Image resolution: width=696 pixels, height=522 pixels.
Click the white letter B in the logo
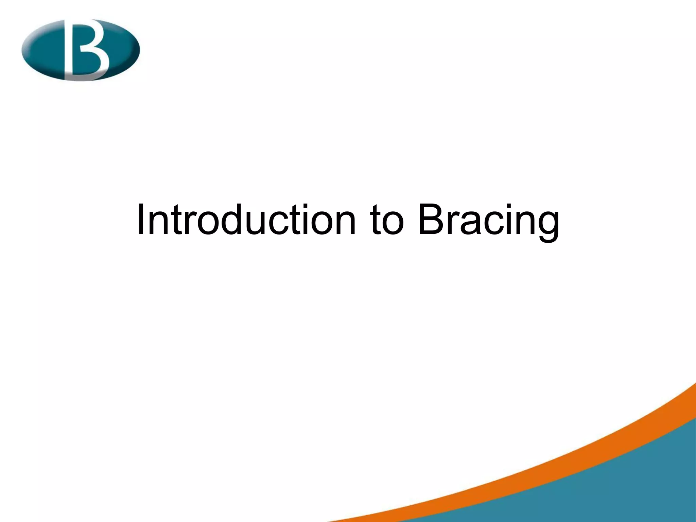point(87,49)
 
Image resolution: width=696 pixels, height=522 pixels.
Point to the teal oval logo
point(81,50)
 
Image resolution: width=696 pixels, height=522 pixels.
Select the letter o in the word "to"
point(394,223)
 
